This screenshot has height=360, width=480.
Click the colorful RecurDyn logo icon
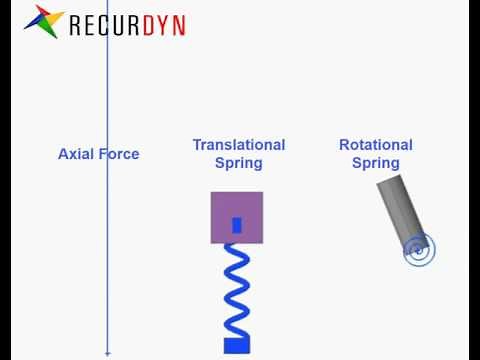tap(43, 21)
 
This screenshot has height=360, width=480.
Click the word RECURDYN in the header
tap(127, 24)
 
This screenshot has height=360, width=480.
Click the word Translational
tap(239, 145)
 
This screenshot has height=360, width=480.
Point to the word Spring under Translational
tap(239, 163)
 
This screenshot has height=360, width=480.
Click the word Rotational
tap(376, 145)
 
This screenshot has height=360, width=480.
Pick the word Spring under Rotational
tap(376, 163)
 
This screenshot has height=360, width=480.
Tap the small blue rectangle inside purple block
tap(237, 225)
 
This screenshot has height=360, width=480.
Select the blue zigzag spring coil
tap(237, 290)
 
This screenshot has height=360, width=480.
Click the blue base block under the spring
tap(237, 345)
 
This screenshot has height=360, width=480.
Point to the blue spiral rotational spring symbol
tap(420, 250)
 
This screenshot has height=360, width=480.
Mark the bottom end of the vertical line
tap(108, 353)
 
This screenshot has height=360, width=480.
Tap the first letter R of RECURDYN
tap(75, 24)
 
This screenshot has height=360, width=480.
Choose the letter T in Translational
tap(197, 145)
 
